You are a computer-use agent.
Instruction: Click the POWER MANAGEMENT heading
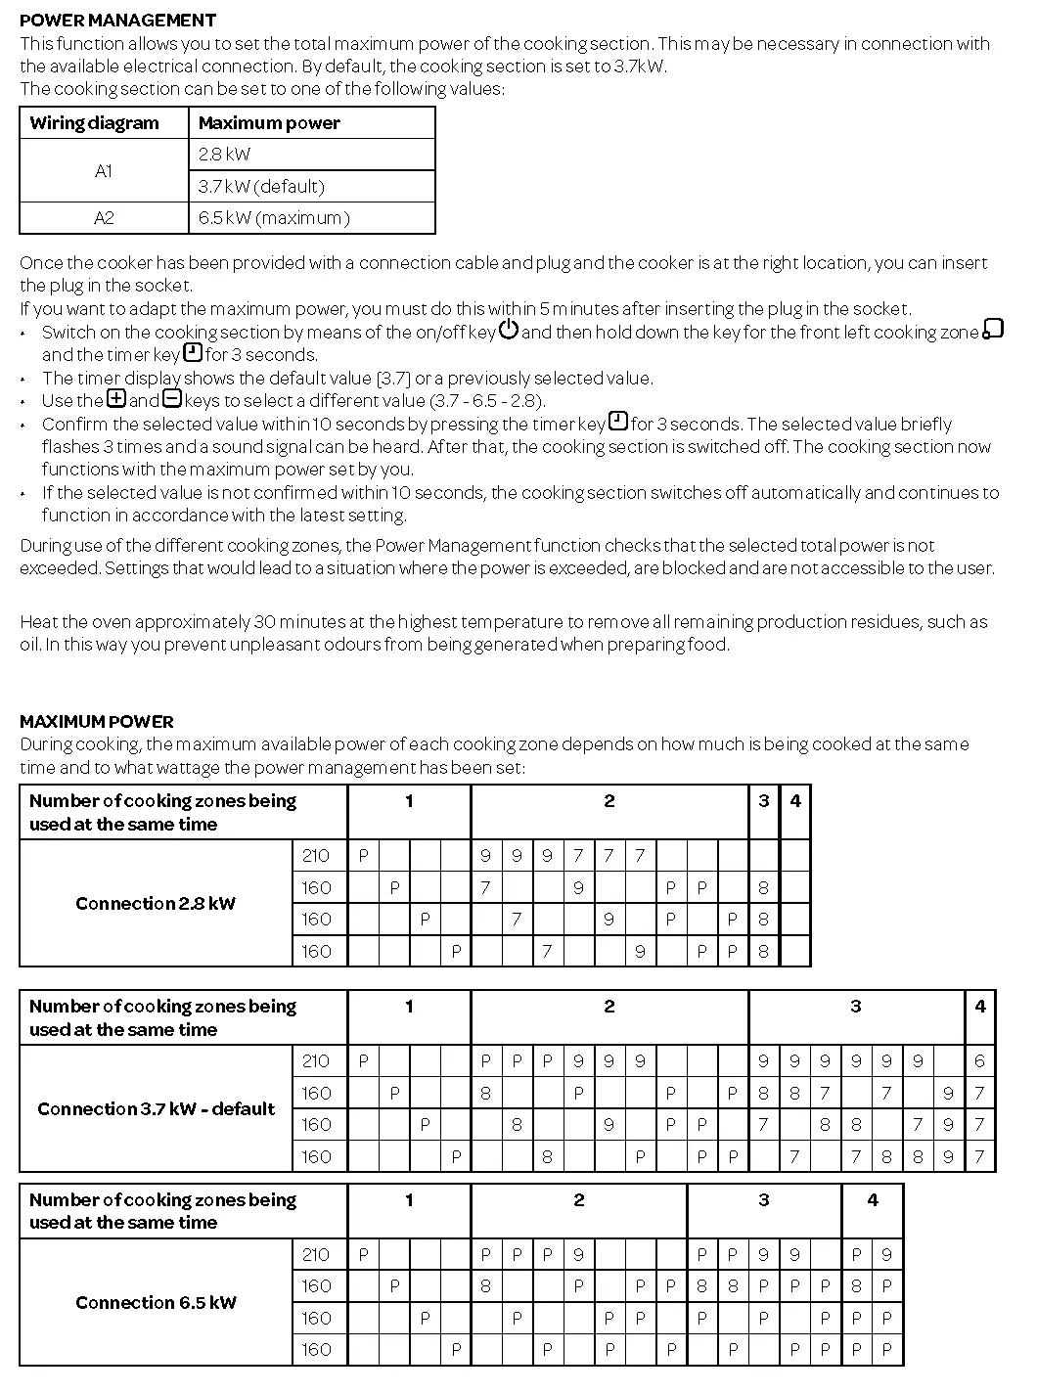[117, 20]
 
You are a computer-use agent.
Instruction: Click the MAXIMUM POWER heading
[97, 722]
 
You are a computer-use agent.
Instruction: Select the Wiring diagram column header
[94, 123]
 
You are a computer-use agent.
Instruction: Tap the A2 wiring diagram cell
[104, 218]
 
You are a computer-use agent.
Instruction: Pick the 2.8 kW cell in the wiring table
[224, 155]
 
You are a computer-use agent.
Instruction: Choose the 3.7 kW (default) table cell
[261, 187]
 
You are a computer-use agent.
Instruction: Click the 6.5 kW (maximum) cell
[274, 218]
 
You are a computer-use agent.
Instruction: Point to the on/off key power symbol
[509, 330]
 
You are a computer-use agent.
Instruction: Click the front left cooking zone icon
[993, 330]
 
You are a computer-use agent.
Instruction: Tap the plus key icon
[116, 399]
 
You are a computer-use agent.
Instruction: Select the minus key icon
[172, 399]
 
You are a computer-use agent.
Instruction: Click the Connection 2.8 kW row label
[156, 904]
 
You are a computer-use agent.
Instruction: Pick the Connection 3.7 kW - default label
[157, 1109]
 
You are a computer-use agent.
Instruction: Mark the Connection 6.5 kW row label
[156, 1303]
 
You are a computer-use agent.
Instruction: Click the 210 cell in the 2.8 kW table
[316, 856]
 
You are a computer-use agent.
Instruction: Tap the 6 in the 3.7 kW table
[979, 1061]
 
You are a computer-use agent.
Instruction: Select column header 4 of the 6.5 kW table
[873, 1200]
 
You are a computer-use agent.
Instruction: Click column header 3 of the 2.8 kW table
[763, 801]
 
